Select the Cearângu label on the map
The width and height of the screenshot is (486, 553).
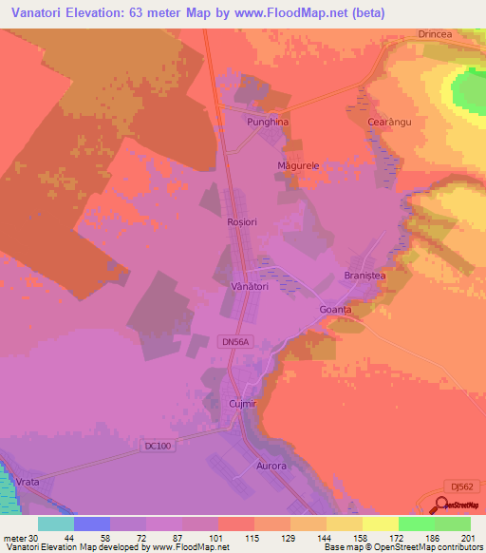pyautogui.click(x=388, y=123)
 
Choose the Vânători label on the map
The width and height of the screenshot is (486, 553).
pyautogui.click(x=251, y=285)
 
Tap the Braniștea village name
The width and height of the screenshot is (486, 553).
pyautogui.click(x=364, y=276)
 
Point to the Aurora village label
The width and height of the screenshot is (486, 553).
pyautogui.click(x=271, y=467)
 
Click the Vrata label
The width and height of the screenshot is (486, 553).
pyautogui.click(x=27, y=483)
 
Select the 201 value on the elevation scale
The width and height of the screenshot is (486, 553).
pyautogui.click(x=464, y=538)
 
